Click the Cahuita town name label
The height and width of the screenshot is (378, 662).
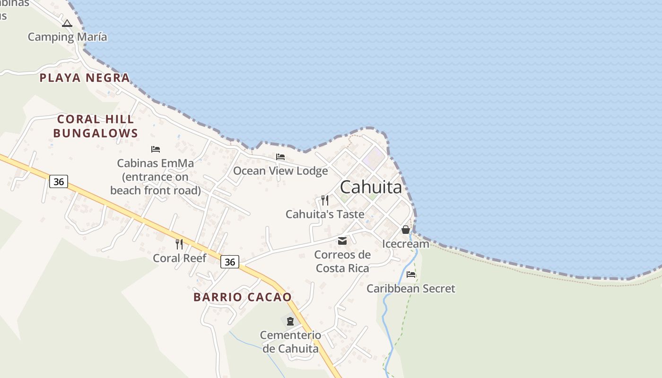pos(371,187)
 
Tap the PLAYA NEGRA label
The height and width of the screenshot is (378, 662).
pos(85,78)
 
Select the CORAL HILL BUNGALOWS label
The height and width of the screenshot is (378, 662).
pos(96,126)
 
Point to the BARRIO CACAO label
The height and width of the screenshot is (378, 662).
pos(243,297)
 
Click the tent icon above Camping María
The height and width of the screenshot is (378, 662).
pos(67,23)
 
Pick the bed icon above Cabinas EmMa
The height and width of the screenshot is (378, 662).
pos(156,149)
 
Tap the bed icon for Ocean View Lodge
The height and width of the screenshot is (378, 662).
pos(280,157)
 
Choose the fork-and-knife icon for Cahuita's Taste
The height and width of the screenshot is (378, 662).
pos(325,200)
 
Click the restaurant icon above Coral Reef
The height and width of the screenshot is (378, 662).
pos(179,244)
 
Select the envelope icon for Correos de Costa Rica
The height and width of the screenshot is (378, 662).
pos(342,241)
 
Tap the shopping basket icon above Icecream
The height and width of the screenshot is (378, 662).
pos(406,230)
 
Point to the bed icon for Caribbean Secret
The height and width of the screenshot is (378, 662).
pos(411,274)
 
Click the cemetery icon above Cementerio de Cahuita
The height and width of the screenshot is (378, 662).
pos(290,321)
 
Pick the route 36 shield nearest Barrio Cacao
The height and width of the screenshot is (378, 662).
pos(230,262)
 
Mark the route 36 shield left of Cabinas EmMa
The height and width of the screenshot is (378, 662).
pos(59,181)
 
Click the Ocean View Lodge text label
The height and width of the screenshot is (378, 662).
pos(280,171)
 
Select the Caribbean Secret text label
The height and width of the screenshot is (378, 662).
pos(411,288)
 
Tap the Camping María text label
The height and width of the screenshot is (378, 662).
pos(67,37)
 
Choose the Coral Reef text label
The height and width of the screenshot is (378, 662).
pos(179,258)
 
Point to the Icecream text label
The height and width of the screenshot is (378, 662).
pos(406,244)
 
